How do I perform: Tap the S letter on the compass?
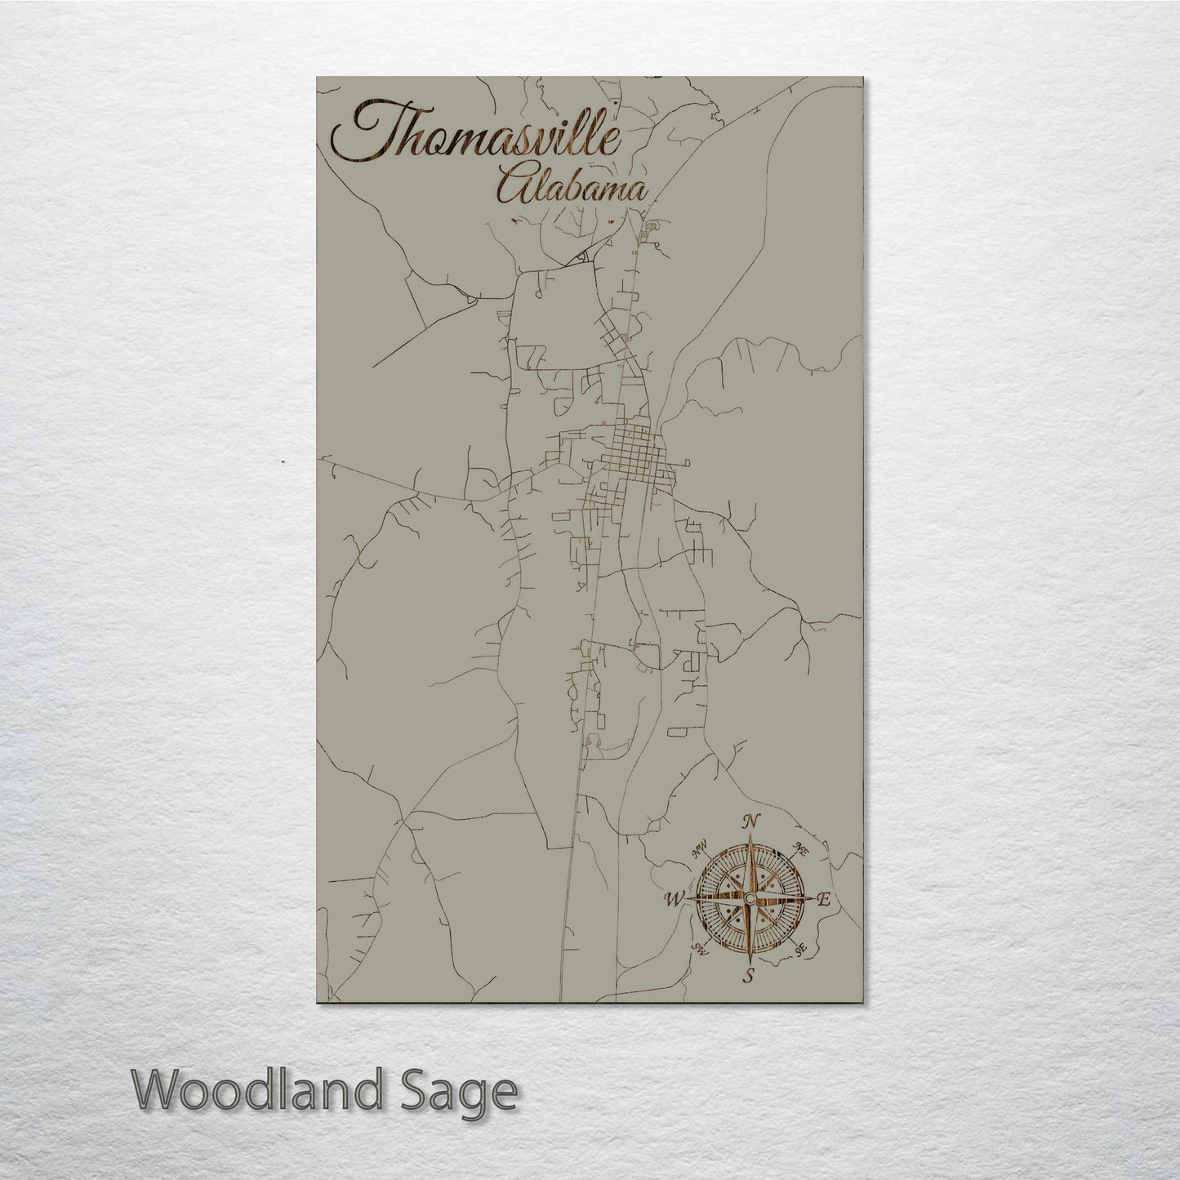point(748,975)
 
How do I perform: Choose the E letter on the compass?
point(824,901)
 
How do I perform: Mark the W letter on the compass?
point(675,899)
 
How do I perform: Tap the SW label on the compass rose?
point(699,948)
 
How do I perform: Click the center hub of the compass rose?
point(749,898)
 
